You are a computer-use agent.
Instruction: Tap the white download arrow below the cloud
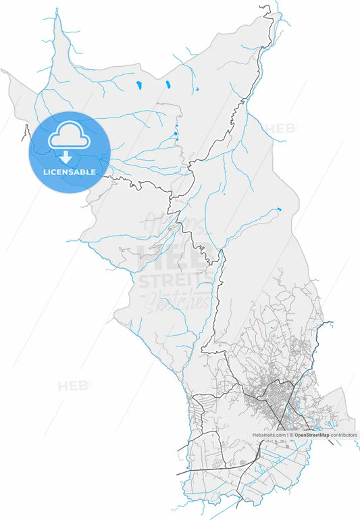(x=66, y=158)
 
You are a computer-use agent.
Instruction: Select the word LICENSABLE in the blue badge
(x=69, y=172)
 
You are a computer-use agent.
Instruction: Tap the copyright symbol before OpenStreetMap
(x=292, y=436)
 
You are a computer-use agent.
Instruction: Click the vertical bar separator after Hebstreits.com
(x=288, y=436)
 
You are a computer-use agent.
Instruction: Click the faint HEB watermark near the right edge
(x=279, y=128)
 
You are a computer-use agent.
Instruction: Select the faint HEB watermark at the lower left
(x=73, y=386)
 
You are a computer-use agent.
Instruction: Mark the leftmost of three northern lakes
(x=138, y=86)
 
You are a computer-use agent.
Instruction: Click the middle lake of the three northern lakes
(x=167, y=85)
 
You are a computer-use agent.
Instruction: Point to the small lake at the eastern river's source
(x=278, y=209)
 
